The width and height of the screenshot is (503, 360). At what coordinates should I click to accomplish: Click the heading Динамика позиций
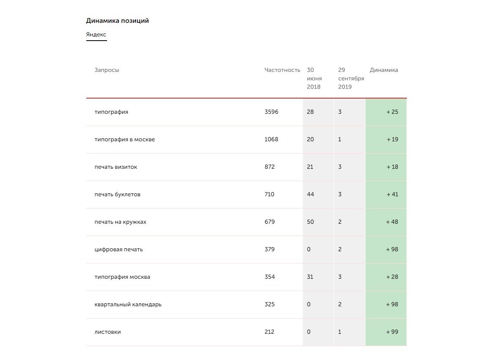[117, 21]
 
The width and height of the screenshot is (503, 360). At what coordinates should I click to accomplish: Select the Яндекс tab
[96, 35]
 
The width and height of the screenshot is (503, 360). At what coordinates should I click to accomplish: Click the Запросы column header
[107, 70]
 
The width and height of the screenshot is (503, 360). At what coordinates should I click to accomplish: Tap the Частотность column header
[282, 70]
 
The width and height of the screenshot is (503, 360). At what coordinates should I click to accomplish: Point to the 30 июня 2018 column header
[314, 78]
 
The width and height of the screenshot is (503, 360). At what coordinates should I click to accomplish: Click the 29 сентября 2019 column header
[351, 78]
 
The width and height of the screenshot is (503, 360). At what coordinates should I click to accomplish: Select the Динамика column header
[384, 70]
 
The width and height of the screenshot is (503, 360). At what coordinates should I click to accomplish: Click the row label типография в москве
[124, 140]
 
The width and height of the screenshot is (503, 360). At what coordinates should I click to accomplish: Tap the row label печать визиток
[115, 167]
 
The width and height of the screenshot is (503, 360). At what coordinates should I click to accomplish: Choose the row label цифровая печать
[118, 250]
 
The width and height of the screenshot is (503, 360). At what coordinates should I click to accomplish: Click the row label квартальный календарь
[128, 305]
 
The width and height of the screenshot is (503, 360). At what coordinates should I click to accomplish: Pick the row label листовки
[107, 332]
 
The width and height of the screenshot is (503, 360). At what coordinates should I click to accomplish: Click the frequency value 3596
[271, 112]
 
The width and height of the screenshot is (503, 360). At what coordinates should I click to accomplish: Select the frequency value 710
[269, 195]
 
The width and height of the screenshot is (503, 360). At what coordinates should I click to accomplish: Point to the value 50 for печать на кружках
[310, 222]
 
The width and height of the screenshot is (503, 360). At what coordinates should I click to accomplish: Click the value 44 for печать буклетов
[310, 195]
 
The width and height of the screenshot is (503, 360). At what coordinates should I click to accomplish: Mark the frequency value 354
[269, 277]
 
